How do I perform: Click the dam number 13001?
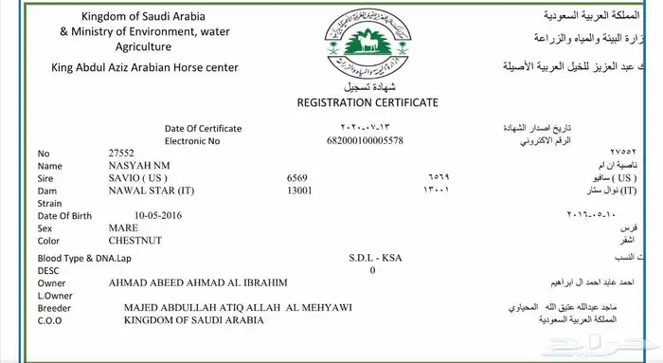pos(300,191)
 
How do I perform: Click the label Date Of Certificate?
pos(203,128)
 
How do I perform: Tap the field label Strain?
pos(49,203)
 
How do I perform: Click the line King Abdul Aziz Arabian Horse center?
pos(144,67)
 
